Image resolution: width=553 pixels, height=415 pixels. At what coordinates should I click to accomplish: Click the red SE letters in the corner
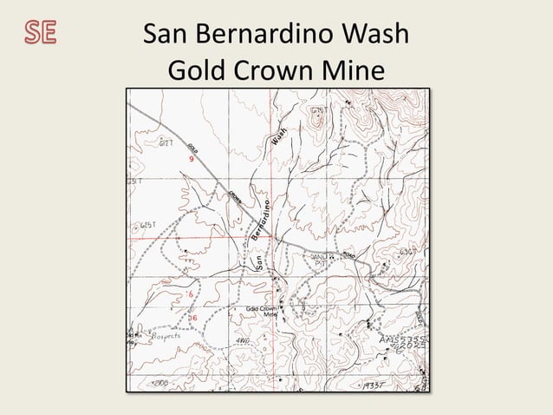[x=40, y=32]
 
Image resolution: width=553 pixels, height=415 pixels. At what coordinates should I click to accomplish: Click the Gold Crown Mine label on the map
[x=262, y=311]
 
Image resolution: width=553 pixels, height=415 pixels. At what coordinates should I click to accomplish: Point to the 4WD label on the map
[x=243, y=342]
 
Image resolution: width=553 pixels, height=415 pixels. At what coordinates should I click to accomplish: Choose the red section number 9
[x=190, y=160]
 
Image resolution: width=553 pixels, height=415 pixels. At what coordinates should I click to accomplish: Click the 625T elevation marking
[x=148, y=225]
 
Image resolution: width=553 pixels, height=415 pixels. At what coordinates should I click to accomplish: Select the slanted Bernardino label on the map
[x=263, y=221]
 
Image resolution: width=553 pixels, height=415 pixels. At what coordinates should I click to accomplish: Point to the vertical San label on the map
[x=259, y=260]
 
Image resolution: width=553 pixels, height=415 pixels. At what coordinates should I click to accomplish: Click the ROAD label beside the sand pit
[x=348, y=255]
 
